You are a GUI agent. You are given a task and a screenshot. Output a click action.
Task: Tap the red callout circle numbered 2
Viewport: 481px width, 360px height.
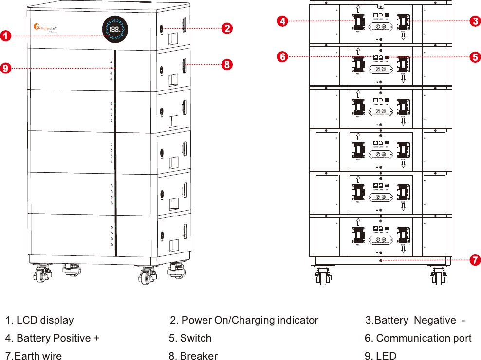pos(226,28)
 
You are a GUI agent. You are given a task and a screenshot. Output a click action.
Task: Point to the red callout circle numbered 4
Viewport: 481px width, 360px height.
pos(283,21)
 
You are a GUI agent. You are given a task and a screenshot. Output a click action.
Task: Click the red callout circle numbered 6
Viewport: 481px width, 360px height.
pos(283,57)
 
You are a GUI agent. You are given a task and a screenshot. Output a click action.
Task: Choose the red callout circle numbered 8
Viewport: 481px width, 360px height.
pos(226,64)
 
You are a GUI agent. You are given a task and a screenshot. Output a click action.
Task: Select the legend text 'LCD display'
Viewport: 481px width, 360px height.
pos(45,320)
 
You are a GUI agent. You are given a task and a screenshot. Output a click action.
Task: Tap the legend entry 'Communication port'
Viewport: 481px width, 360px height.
pos(424,338)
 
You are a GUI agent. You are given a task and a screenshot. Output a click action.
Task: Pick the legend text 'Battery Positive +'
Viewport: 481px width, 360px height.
pos(57,338)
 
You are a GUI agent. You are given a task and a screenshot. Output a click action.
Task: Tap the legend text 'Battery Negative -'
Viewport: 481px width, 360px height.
pos(420,320)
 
